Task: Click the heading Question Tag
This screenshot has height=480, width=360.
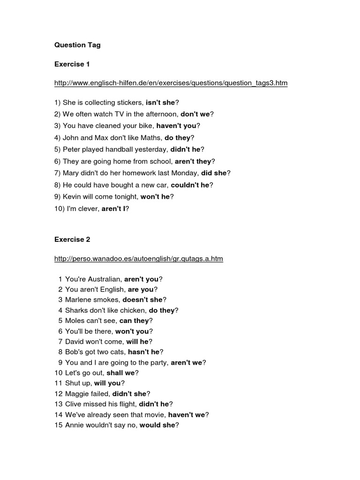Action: [77, 45]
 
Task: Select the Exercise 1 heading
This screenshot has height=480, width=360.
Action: [72, 64]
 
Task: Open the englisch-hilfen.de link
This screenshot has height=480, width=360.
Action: [171, 83]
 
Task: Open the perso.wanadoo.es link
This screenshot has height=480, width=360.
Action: [138, 259]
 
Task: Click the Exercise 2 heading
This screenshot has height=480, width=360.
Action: [72, 240]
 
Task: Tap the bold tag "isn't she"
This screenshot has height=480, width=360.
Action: [160, 102]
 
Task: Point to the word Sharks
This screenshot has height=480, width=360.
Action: [76, 310]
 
